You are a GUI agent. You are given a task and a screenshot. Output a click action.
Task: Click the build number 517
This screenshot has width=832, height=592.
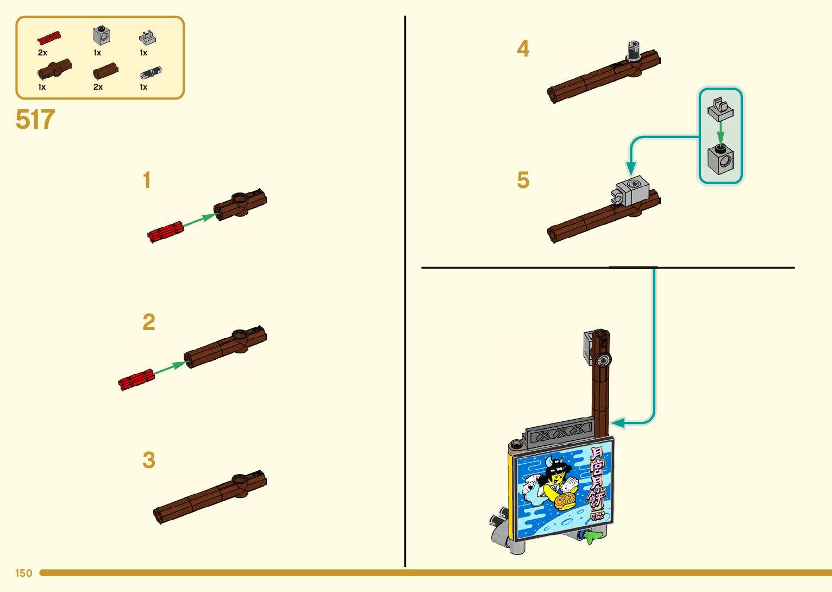(x=35, y=120)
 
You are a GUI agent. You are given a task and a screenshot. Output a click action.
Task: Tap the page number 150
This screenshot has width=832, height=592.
(x=23, y=573)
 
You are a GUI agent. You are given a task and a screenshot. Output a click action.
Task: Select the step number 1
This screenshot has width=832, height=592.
(x=147, y=180)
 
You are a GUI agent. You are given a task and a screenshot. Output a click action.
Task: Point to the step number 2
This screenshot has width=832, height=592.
(x=148, y=322)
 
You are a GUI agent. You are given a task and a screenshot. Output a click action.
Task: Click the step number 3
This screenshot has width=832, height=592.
(x=148, y=460)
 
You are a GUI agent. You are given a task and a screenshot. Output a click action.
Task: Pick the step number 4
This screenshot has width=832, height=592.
(x=523, y=49)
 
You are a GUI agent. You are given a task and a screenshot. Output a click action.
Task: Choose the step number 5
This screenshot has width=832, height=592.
(x=523, y=180)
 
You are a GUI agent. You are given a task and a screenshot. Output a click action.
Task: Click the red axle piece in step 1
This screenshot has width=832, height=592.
(x=166, y=232)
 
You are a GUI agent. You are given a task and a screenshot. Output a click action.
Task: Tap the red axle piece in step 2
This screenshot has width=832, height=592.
(x=136, y=379)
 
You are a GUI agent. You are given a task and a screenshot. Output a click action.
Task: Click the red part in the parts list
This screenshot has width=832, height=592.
(x=49, y=38)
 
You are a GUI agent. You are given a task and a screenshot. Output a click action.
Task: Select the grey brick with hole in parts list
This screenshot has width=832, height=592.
(x=101, y=36)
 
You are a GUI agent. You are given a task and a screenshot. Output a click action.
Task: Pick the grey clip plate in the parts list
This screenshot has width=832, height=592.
(x=147, y=38)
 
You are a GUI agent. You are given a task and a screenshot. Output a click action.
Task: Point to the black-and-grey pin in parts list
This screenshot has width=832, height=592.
(x=151, y=73)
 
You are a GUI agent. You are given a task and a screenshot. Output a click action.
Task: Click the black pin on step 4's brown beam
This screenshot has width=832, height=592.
(x=633, y=52)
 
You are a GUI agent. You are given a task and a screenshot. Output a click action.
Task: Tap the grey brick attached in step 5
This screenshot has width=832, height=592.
(x=633, y=190)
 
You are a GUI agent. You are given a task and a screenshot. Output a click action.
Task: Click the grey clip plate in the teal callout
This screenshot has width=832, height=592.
(x=720, y=109)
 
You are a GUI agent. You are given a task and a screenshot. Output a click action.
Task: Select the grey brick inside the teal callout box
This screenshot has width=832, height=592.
(x=721, y=159)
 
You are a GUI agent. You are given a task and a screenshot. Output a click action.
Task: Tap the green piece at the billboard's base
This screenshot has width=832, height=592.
(x=592, y=537)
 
